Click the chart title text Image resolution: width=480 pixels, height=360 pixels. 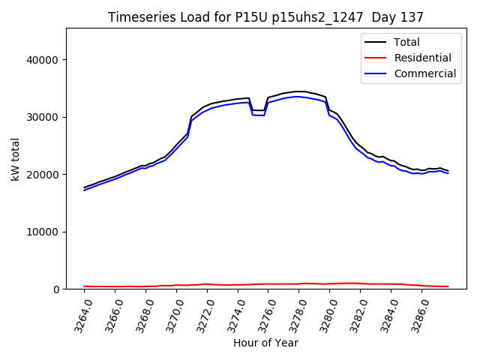pyautogui.click(x=265, y=17)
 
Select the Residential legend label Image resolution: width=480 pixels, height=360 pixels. pyautogui.click(x=424, y=58)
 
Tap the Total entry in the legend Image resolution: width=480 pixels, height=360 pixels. pyautogui.click(x=407, y=42)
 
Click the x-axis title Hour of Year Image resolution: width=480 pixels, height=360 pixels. pyautogui.click(x=265, y=343)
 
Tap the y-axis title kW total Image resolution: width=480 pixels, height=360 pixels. pyautogui.click(x=15, y=159)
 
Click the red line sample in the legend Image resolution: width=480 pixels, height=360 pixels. pyautogui.click(x=377, y=58)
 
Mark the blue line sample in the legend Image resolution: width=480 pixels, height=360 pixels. pyautogui.click(x=377, y=73)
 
